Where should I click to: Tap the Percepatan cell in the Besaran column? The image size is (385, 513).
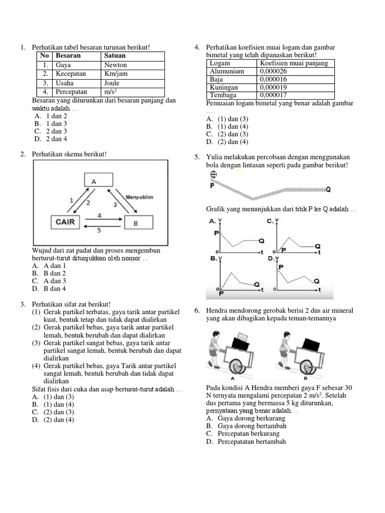[71, 92]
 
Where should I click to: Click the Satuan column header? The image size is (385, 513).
[115, 56]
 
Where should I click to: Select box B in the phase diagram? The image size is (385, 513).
[135, 223]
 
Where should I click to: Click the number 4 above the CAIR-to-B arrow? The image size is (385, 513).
[99, 215]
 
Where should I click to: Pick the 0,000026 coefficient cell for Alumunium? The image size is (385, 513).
[273, 71]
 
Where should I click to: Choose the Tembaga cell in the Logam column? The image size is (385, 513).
[224, 95]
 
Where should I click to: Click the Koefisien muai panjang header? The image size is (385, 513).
[294, 63]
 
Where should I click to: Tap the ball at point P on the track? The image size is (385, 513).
[214, 174]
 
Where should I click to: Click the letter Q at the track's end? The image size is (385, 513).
[328, 189]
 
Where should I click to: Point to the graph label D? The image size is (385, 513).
[270, 259]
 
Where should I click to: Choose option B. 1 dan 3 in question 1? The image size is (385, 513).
[50, 123]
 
